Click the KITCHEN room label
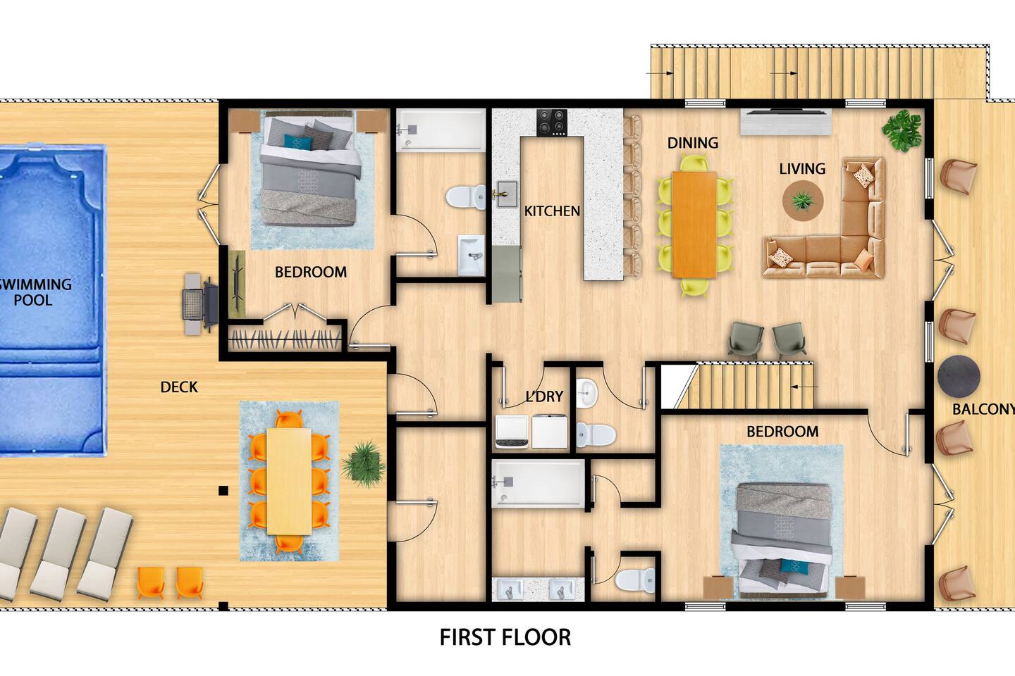(x=552, y=211)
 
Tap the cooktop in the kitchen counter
(x=552, y=123)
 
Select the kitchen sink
(x=507, y=194)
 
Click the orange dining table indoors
(x=694, y=224)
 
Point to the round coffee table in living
(x=803, y=201)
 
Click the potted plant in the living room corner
(x=902, y=132)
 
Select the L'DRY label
(x=544, y=396)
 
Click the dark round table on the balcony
(x=959, y=377)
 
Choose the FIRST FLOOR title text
(x=505, y=637)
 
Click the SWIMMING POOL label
(x=35, y=292)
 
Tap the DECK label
(x=179, y=387)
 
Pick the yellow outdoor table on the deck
(x=289, y=481)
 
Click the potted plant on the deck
(x=364, y=464)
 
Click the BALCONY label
(x=983, y=409)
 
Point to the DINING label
(x=693, y=143)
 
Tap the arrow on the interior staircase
(x=804, y=387)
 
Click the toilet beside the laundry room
(x=596, y=434)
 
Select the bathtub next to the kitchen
(x=441, y=130)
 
